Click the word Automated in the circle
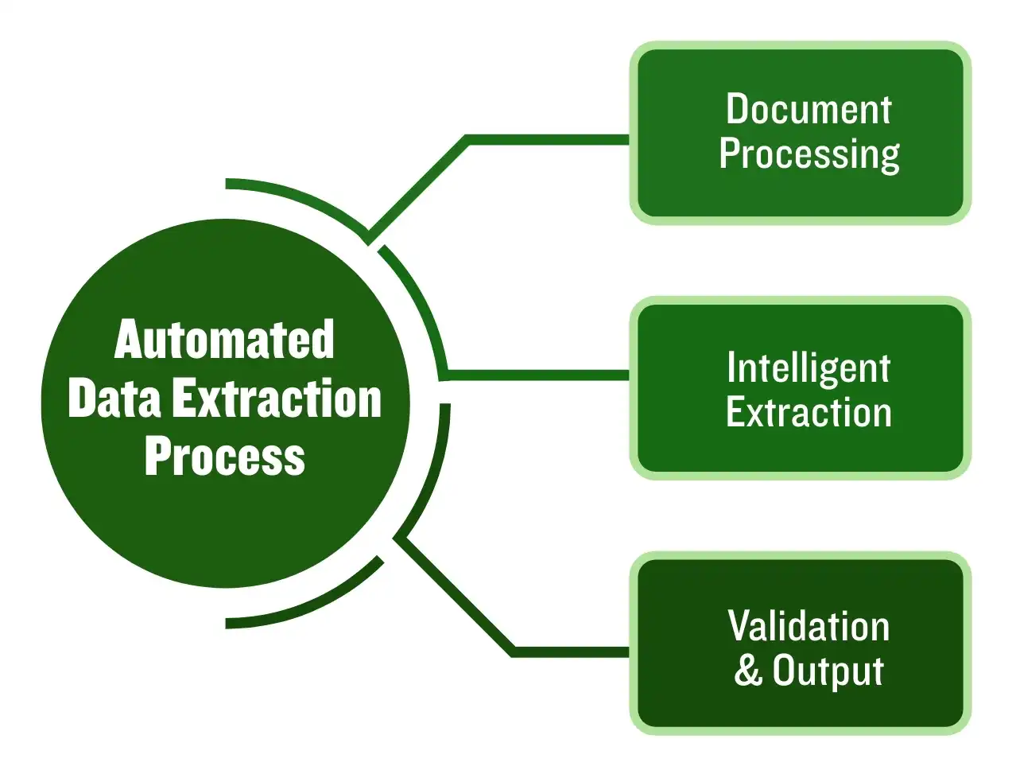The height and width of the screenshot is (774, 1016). coord(224,340)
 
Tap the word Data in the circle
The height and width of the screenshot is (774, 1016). coord(114,399)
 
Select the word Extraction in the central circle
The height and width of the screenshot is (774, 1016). coord(277,399)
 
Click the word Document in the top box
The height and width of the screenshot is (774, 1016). coord(809,110)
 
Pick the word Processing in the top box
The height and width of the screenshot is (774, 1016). coord(809,154)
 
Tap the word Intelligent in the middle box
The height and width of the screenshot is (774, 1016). coord(809,368)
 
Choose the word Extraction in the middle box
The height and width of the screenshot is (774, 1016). coord(809,413)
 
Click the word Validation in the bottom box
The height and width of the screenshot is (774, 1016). coord(809,626)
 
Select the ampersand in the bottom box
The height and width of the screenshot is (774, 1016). coord(747,670)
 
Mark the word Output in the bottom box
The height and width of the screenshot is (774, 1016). coord(828,671)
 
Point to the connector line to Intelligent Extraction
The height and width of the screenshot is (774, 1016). coord(541,374)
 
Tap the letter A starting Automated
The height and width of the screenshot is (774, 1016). coord(130,340)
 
